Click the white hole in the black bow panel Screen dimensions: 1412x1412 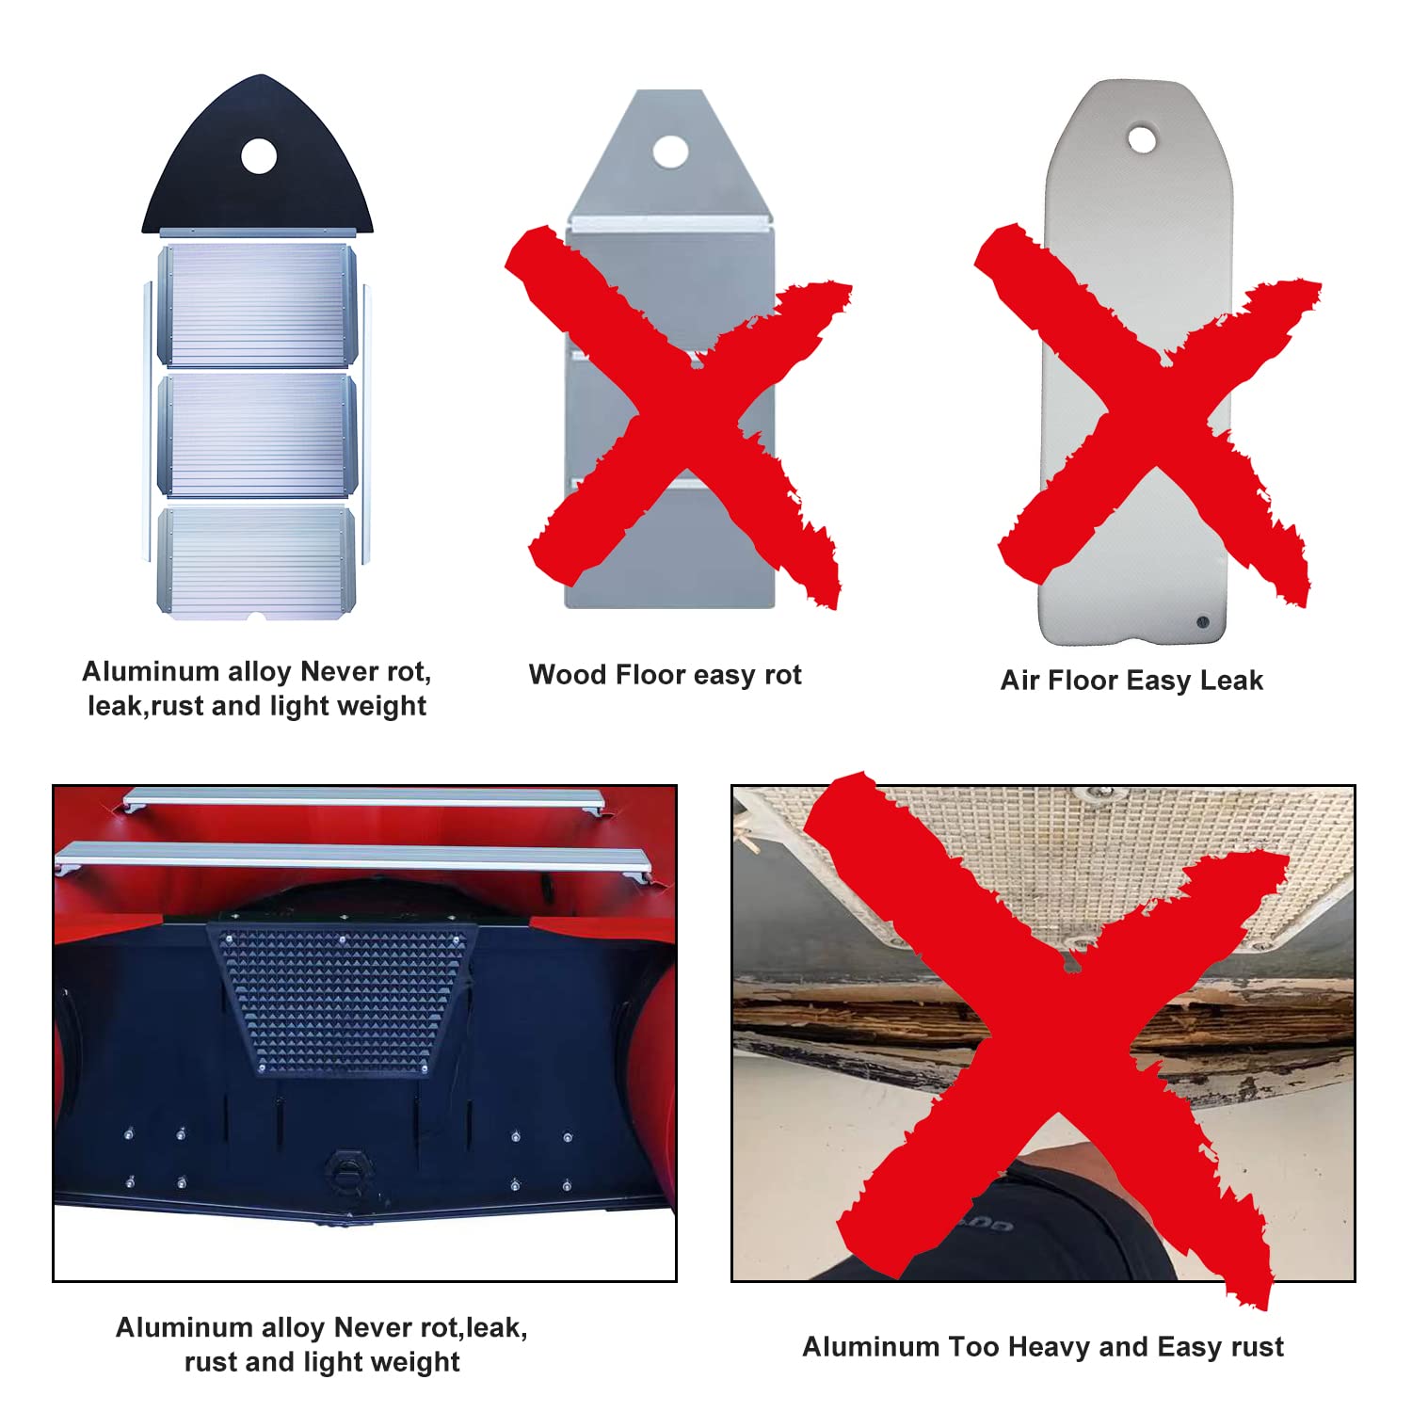tap(259, 156)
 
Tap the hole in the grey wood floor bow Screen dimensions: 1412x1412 tap(670, 152)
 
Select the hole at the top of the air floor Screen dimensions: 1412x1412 tap(1142, 140)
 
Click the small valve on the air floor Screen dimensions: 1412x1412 tap(1202, 622)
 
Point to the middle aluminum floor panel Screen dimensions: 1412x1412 tap(257, 435)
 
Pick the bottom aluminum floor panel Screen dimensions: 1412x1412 tap(256, 563)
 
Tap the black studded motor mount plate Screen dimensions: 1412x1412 tap(343, 999)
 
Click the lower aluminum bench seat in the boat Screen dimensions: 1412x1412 tap(353, 858)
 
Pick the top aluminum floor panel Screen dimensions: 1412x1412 tap(257, 305)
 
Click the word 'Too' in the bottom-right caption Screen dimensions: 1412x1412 tap(974, 1347)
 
